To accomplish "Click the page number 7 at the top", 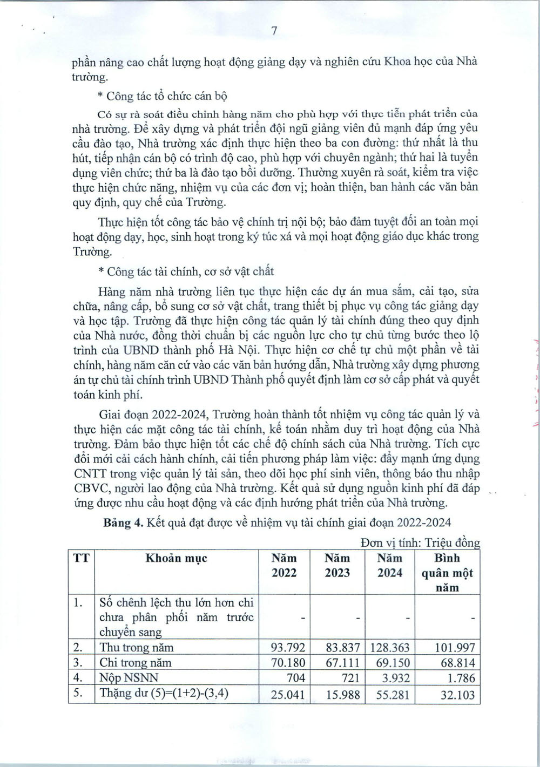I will (274, 31).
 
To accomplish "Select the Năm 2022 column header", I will (284, 565).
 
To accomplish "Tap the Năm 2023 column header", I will (337, 565).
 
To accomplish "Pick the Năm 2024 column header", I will (390, 565).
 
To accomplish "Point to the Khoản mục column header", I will (176, 558).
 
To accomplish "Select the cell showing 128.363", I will (391, 647).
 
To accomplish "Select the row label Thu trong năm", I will (137, 647).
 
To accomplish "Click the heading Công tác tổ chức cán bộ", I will (163, 97).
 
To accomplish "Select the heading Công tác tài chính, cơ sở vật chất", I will (186, 271).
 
